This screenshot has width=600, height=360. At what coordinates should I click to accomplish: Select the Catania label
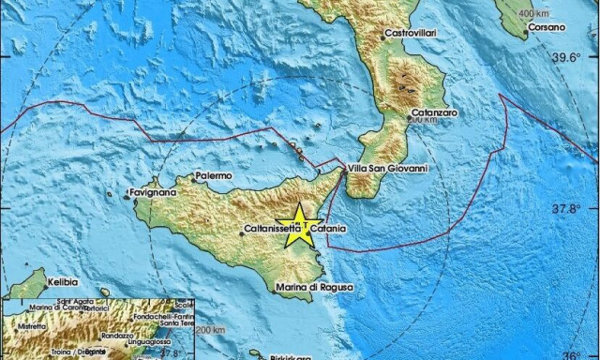point(328,229)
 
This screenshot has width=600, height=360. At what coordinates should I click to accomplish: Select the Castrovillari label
point(412,33)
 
